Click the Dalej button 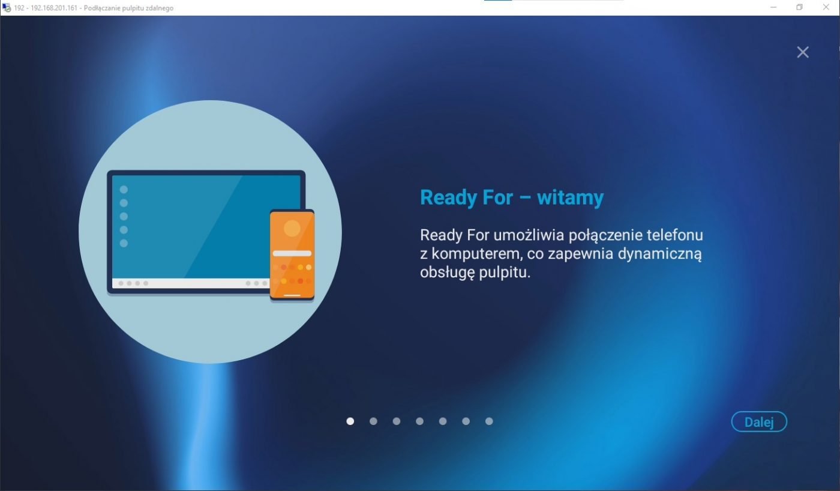(x=759, y=421)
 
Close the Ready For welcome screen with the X (x=803, y=52)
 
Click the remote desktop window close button (x=826, y=7)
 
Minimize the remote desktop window (x=773, y=7)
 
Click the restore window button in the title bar (x=799, y=7)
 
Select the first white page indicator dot (x=350, y=421)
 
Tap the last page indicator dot (x=489, y=421)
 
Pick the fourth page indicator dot (x=419, y=421)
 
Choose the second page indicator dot (x=373, y=421)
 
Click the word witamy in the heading (x=571, y=197)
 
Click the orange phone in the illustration (x=292, y=255)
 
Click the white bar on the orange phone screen (x=292, y=253)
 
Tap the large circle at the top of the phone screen (x=292, y=228)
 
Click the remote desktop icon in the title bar (x=7, y=7)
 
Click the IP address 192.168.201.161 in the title (x=54, y=8)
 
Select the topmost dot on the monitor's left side (x=124, y=190)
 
